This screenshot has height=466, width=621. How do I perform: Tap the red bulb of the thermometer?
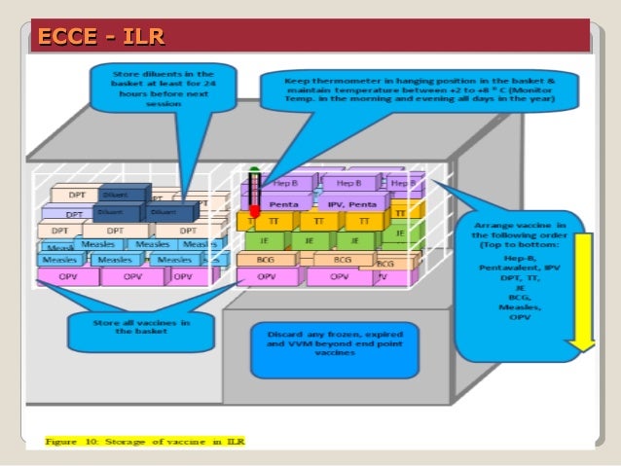255,209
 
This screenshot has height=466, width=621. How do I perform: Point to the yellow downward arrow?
582,292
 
